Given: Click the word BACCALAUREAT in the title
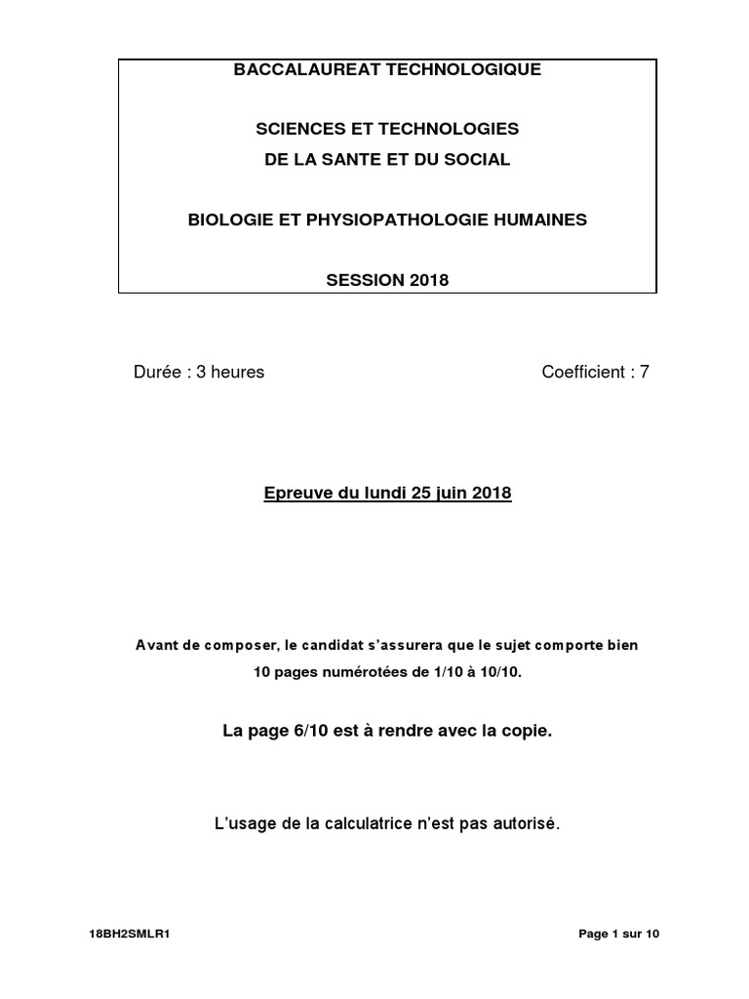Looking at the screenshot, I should (311, 69).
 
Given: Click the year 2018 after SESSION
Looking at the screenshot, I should (428, 280).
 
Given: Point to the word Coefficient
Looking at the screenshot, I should (582, 372).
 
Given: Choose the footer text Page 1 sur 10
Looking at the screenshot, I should (619, 934).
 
